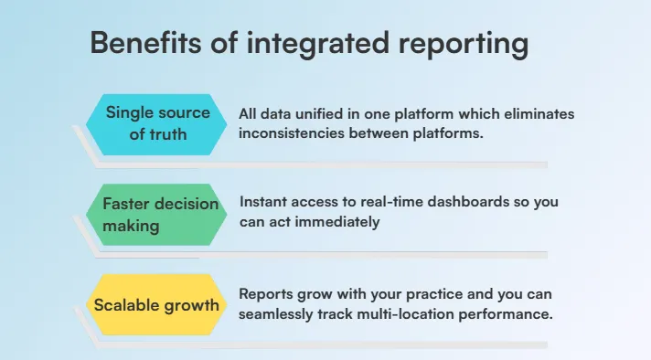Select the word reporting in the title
point(465,45)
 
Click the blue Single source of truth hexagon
point(157,123)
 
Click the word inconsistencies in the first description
point(291,132)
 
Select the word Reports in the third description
point(267,294)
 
